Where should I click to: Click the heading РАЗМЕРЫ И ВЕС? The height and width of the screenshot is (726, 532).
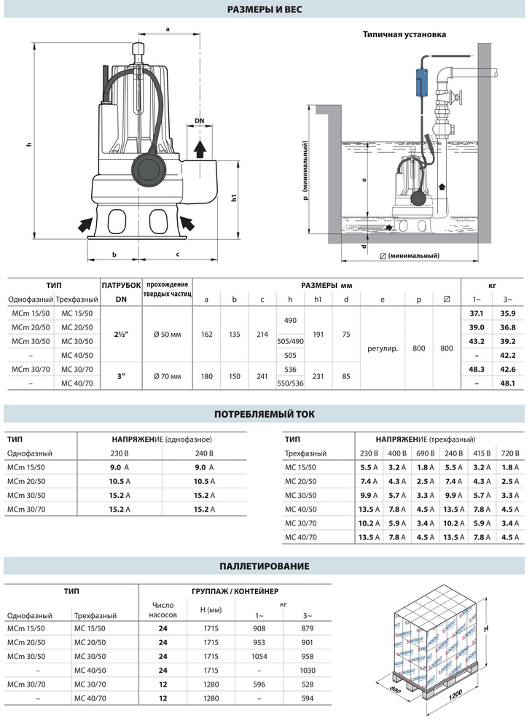pyautogui.click(x=265, y=9)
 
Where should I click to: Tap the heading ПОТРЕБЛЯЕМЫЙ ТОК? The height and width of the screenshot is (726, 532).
pyautogui.click(x=265, y=414)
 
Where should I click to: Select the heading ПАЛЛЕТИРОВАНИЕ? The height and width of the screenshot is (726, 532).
pyautogui.click(x=265, y=566)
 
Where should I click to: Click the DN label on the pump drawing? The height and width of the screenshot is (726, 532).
pyautogui.click(x=200, y=120)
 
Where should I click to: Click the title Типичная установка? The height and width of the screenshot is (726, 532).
pyautogui.click(x=404, y=34)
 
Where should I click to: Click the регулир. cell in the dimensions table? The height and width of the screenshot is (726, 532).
pyautogui.click(x=383, y=348)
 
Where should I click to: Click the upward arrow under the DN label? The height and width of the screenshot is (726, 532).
pyautogui.click(x=200, y=150)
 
